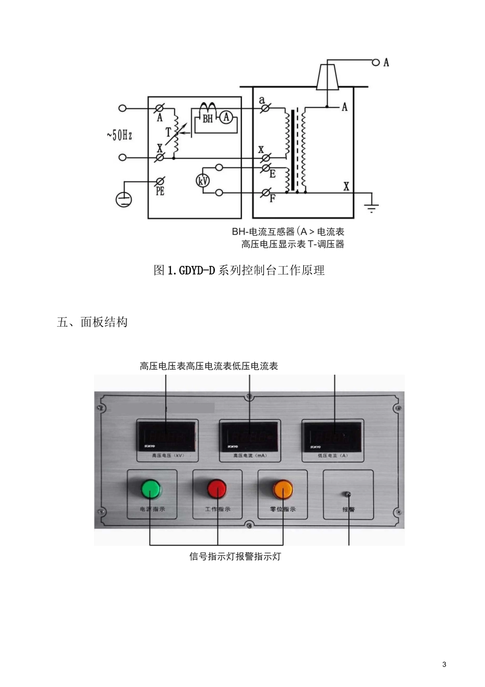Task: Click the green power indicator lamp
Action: [151, 489]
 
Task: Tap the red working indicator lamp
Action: [216, 489]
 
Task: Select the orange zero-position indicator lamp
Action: [282, 489]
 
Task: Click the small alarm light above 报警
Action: [348, 494]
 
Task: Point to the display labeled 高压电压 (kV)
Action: [166, 436]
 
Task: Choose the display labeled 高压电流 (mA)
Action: [250, 436]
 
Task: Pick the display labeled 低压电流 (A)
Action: [332, 436]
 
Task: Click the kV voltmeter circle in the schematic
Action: [203, 180]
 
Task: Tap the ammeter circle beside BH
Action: [226, 118]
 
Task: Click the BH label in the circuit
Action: [208, 119]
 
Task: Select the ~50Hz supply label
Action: [119, 135]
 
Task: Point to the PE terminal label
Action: [160, 192]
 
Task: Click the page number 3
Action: [444, 665]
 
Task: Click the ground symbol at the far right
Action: [371, 207]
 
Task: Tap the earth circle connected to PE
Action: [124, 198]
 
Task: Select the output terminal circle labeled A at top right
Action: [376, 62]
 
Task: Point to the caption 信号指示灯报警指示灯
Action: [235, 556]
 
